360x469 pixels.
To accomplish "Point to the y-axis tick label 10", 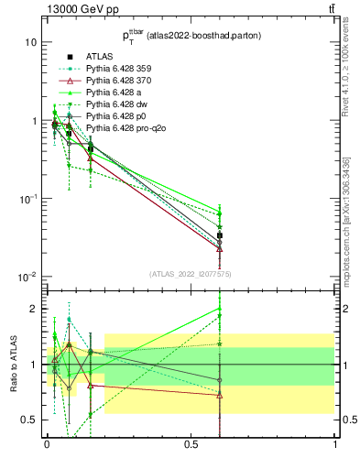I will (30, 42).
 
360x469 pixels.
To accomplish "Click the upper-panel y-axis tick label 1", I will (33, 121).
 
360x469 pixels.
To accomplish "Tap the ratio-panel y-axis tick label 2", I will (33, 309).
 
